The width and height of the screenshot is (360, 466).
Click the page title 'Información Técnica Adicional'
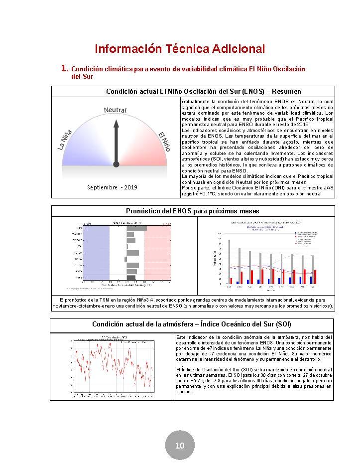coord(180,49)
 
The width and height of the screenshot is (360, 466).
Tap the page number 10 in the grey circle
coord(180,445)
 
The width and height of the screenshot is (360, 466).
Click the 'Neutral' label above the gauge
coord(116,110)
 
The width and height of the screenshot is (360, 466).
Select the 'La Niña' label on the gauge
coord(66,140)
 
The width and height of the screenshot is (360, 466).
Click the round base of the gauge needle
coord(116,163)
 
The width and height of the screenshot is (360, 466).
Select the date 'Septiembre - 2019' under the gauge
coord(112,187)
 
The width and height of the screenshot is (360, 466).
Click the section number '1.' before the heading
coord(64,68)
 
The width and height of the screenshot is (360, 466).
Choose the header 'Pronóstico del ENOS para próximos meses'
coord(192,211)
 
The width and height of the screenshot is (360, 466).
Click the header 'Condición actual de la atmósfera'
coord(192,324)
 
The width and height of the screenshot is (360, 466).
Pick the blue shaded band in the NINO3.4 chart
coord(95,252)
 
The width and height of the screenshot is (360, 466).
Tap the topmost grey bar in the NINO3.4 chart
coord(136,228)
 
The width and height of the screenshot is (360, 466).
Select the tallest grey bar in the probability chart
coord(229,262)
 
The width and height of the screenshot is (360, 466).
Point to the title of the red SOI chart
coord(112,337)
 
